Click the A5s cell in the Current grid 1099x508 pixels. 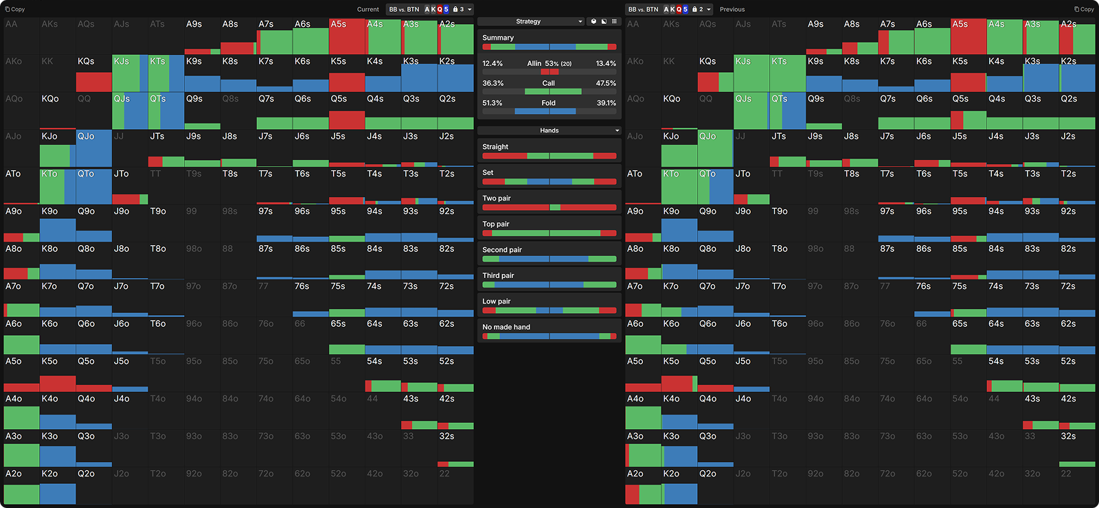point(347,36)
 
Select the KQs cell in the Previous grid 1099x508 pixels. point(715,73)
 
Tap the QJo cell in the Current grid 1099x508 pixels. point(94,148)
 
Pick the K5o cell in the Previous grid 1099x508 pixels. point(679,373)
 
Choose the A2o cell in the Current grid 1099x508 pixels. point(21,486)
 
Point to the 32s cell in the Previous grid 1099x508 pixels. point(1076,448)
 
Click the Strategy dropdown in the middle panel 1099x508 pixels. point(531,21)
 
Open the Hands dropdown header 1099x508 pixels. point(549,130)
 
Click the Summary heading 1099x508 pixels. point(498,38)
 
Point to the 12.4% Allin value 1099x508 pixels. point(492,63)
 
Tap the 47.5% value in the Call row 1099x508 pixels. point(606,83)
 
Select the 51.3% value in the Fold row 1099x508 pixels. point(492,103)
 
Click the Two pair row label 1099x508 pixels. point(497,198)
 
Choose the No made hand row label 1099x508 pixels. point(506,327)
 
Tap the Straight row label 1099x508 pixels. point(495,147)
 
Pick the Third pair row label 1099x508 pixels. point(498,276)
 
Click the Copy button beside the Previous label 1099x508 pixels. point(1084,9)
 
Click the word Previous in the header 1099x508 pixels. point(732,10)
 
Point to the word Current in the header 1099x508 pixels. point(367,10)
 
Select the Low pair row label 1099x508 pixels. point(496,301)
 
